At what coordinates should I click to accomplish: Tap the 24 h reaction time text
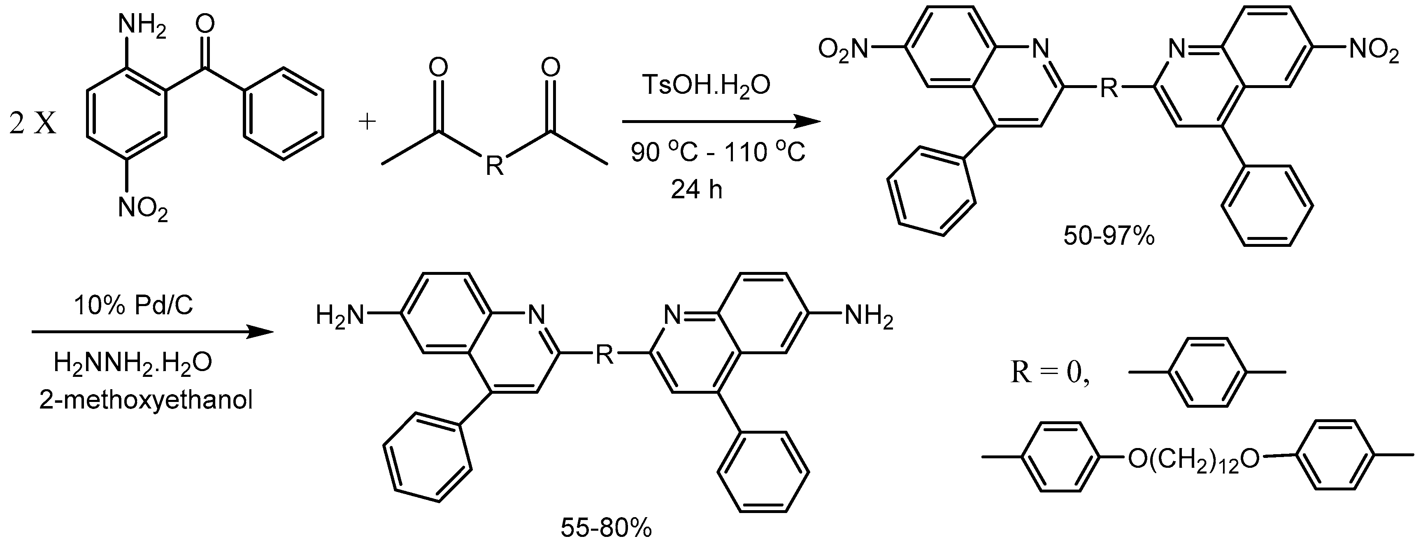pyautogui.click(x=696, y=190)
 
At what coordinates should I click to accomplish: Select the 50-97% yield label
pyautogui.click(x=1109, y=237)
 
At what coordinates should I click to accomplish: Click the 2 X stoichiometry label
pyautogui.click(x=33, y=125)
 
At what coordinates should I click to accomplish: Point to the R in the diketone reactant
pyautogui.click(x=494, y=165)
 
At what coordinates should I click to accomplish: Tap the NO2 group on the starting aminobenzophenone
pyautogui.click(x=142, y=209)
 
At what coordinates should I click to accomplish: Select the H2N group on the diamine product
pyautogui.click(x=340, y=316)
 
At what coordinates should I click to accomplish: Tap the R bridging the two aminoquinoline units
pyautogui.click(x=605, y=355)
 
